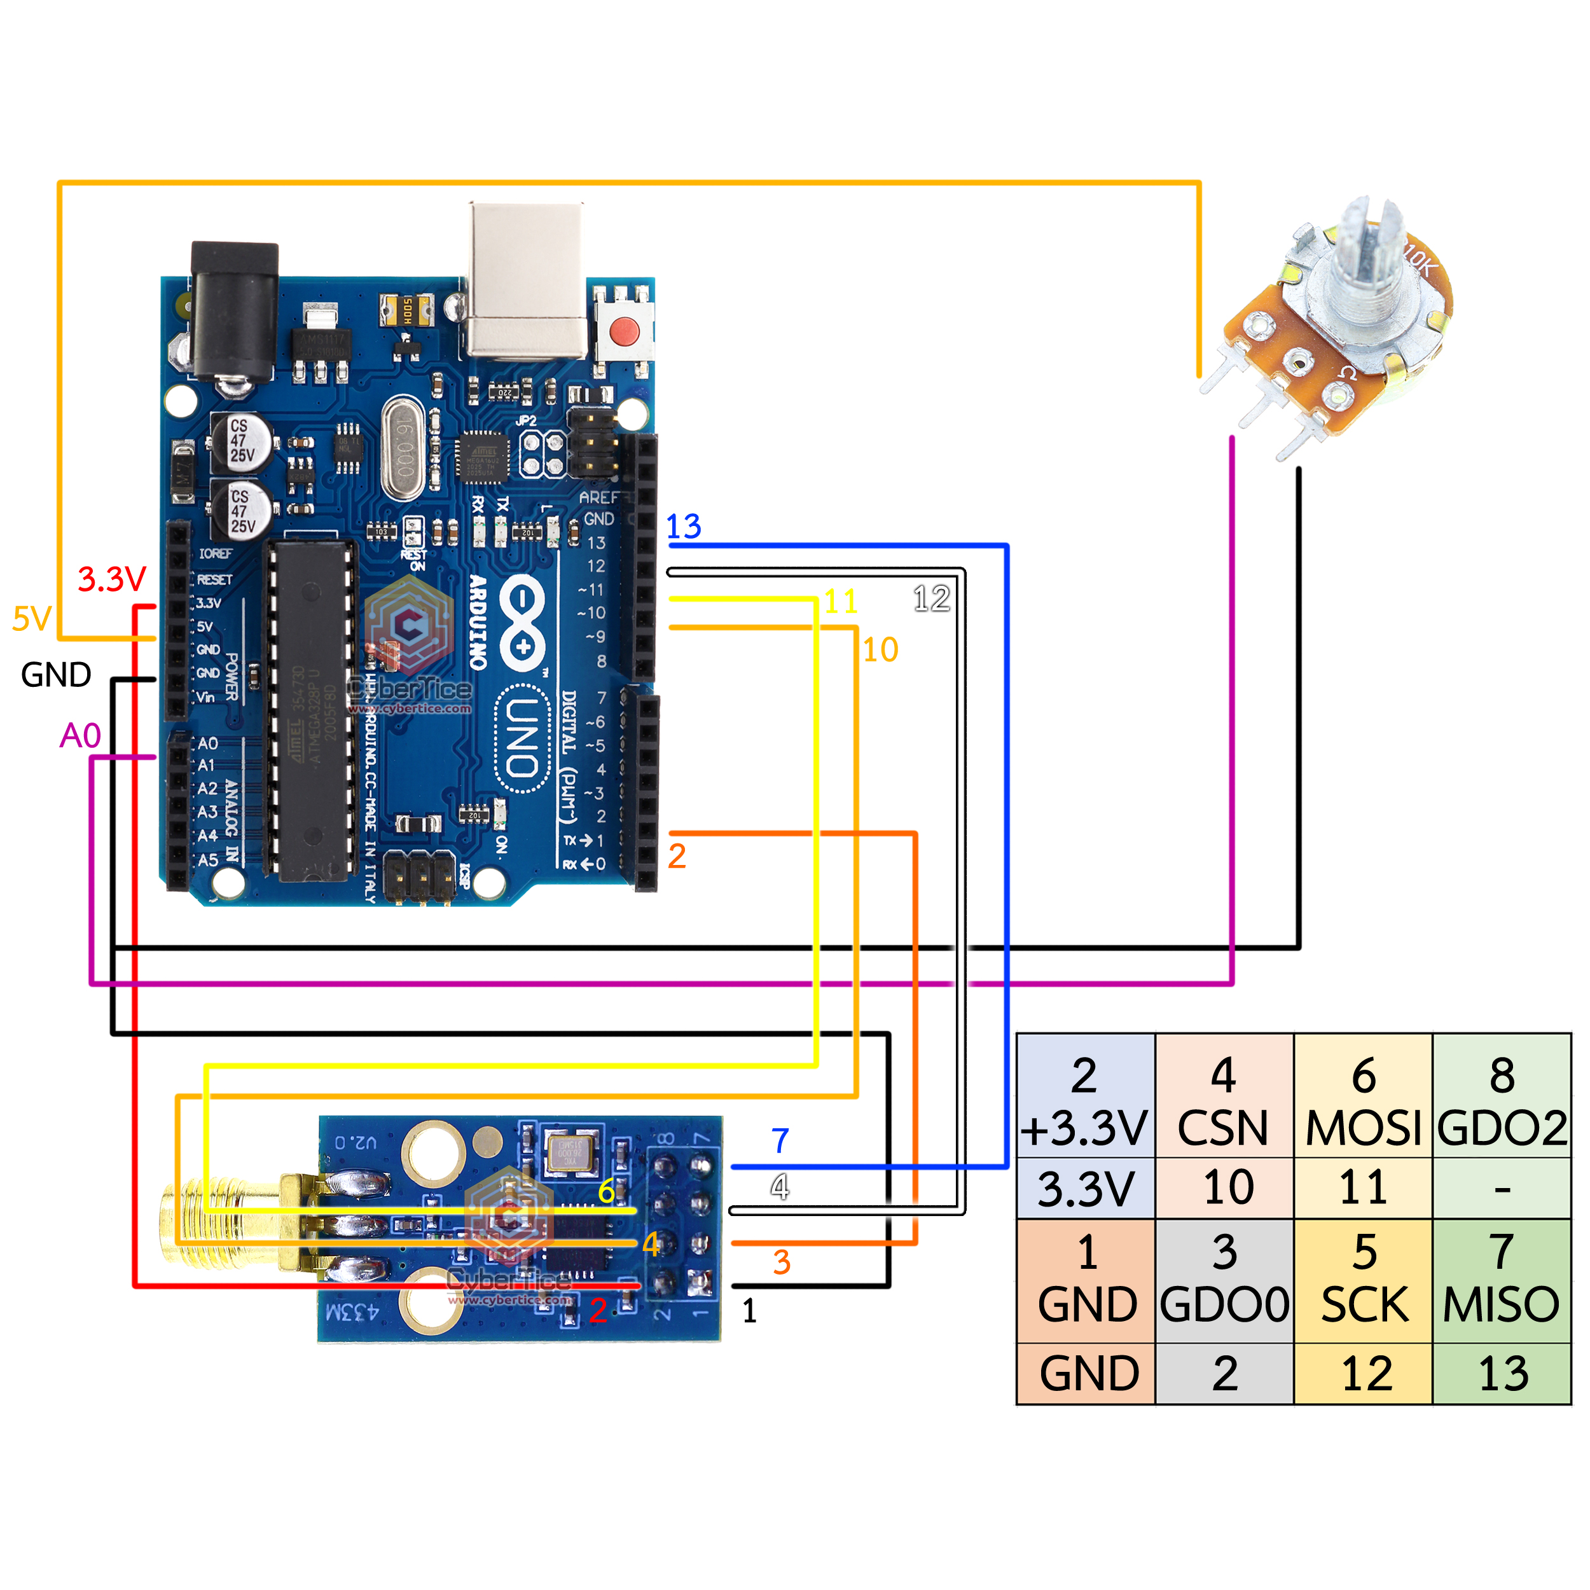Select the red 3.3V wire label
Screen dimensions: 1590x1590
(x=111, y=579)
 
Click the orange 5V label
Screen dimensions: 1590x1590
(x=32, y=619)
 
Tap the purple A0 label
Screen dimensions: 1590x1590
(x=80, y=735)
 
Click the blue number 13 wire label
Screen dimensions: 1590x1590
(x=683, y=527)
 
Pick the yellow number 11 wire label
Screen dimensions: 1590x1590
(x=840, y=602)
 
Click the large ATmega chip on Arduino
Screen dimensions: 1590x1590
(x=311, y=712)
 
